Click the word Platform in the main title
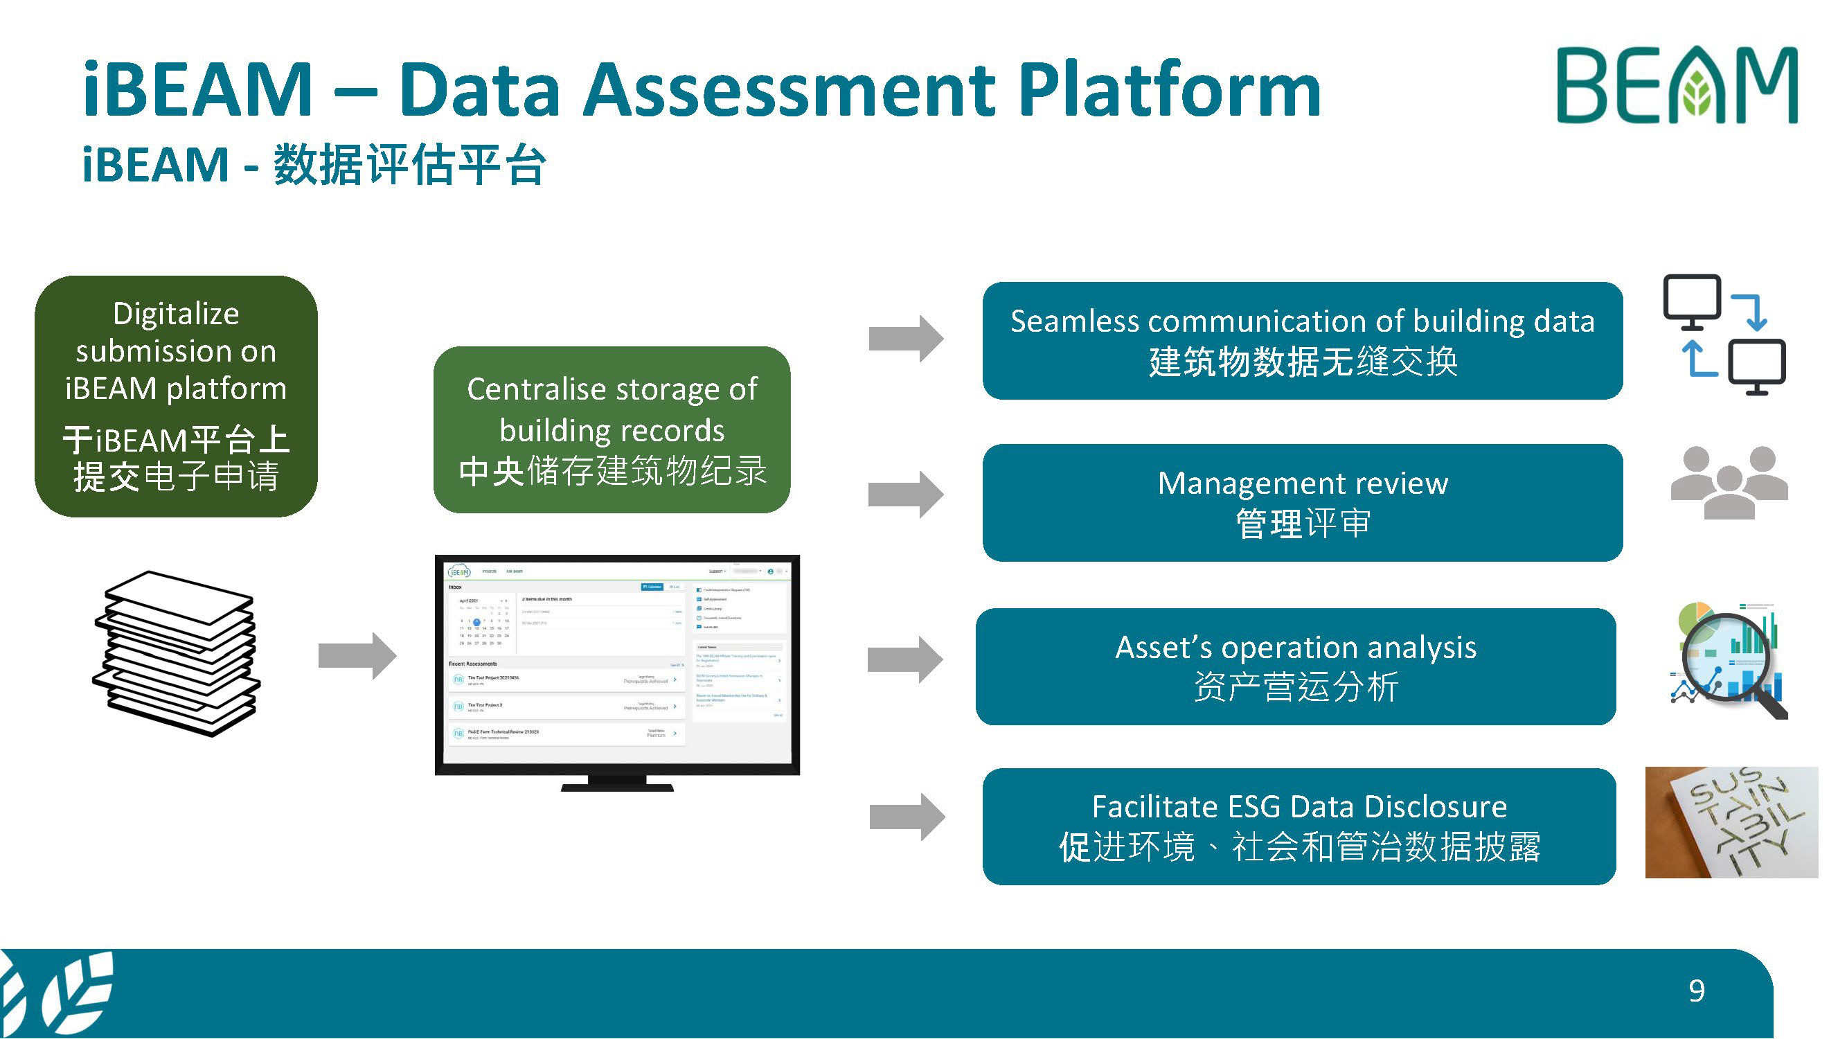coord(1169,90)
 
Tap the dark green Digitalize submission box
coord(176,396)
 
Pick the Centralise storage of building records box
coord(612,429)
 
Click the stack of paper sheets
coord(177,653)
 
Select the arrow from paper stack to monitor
coord(357,655)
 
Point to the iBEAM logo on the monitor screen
coord(459,571)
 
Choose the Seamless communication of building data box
coord(1302,341)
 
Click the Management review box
coord(1302,503)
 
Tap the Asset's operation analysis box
coord(1295,666)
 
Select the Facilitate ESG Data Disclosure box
coord(1299,826)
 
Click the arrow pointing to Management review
coord(906,494)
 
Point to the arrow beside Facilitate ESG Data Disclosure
coord(907,817)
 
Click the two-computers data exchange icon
coord(1724,334)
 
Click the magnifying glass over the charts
coord(1728,663)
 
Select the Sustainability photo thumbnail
coord(1731,822)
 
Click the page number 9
coord(1697,991)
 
